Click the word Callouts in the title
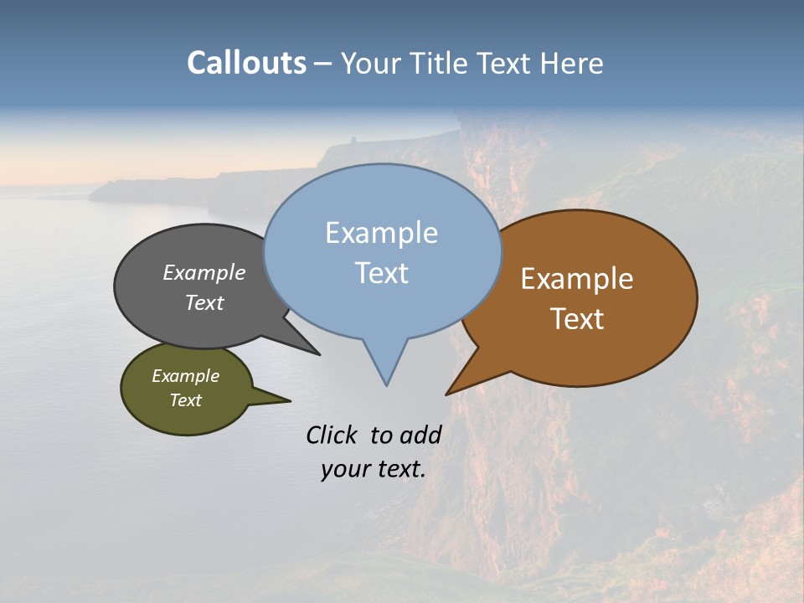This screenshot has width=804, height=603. [x=246, y=64]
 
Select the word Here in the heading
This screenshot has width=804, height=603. [x=573, y=64]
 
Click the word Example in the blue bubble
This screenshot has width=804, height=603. [x=381, y=233]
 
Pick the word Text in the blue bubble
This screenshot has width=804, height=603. [x=381, y=273]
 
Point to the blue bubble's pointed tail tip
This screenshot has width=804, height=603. [x=386, y=385]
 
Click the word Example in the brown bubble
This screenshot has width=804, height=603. [x=577, y=279]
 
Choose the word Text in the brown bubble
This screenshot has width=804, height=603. [x=577, y=319]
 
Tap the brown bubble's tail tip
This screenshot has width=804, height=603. [x=446, y=394]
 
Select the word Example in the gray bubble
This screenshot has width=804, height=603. [x=204, y=273]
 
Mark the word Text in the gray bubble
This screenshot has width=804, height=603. [x=204, y=303]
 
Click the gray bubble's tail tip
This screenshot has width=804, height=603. [x=319, y=354]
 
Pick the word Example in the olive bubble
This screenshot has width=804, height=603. [x=185, y=377]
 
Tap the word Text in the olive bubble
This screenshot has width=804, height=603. [x=185, y=400]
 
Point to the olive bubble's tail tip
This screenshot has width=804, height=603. [x=290, y=399]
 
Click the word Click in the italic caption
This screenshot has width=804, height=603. [x=332, y=435]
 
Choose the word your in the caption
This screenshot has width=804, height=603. [x=343, y=469]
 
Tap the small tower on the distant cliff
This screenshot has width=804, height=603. [x=353, y=140]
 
